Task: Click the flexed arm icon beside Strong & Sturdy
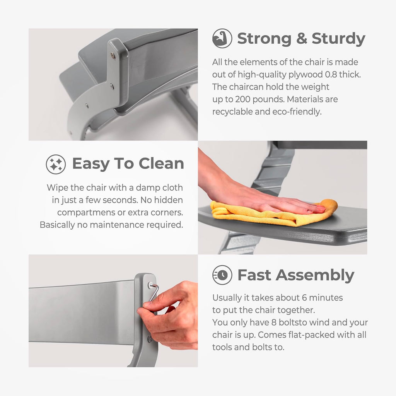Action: pos(222,38)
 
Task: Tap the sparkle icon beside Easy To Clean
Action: pos(56,164)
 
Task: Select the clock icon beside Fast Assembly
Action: pos(222,275)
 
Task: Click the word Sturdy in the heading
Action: pos(338,39)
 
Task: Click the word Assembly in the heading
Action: pos(315,275)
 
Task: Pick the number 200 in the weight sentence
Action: pos(243,99)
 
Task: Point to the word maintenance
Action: pos(117,225)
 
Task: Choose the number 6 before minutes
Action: pos(304,298)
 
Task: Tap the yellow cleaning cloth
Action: pos(274,212)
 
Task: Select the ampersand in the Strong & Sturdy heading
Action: pos(302,39)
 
